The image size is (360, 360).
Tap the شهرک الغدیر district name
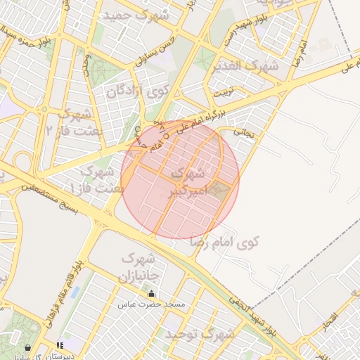[245, 66]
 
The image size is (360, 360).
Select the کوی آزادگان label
[139, 90]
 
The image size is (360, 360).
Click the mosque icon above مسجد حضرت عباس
[151, 293]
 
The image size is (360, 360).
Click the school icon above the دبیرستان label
[60, 345]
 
